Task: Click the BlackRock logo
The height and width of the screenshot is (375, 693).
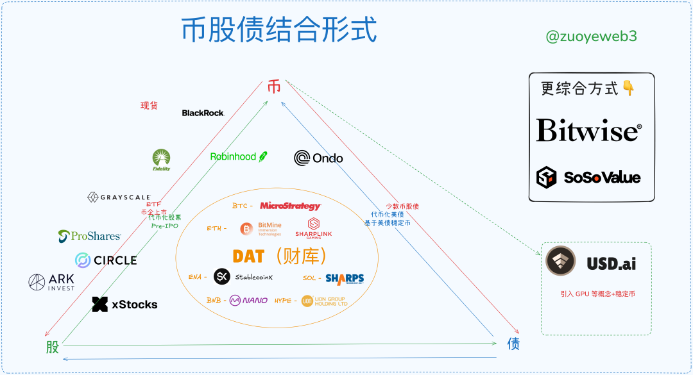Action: click(x=203, y=113)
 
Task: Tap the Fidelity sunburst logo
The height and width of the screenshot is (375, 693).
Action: click(x=162, y=160)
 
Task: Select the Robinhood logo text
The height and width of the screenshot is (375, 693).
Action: click(x=234, y=156)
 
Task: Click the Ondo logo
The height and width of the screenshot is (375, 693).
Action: click(x=318, y=158)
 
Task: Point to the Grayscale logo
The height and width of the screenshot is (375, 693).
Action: click(x=119, y=197)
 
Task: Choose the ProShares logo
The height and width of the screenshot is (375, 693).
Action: click(x=89, y=236)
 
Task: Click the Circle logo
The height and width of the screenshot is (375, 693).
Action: click(x=106, y=260)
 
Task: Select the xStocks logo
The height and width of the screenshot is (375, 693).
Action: click(x=124, y=304)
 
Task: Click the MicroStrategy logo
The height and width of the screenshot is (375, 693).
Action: click(x=290, y=206)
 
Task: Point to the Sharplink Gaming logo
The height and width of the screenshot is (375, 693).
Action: click(x=314, y=228)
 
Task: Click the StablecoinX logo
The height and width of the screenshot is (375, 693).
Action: click(x=243, y=276)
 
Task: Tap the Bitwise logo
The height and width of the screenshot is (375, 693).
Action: click(x=588, y=130)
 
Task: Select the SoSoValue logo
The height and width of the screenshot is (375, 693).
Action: click(x=588, y=177)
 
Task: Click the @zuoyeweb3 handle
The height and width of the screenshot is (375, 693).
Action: click(x=591, y=37)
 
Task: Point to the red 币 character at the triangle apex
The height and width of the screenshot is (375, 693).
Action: click(x=274, y=88)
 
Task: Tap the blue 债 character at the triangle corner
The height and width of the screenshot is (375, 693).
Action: click(x=513, y=344)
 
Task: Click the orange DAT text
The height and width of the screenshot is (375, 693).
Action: click(x=248, y=256)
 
